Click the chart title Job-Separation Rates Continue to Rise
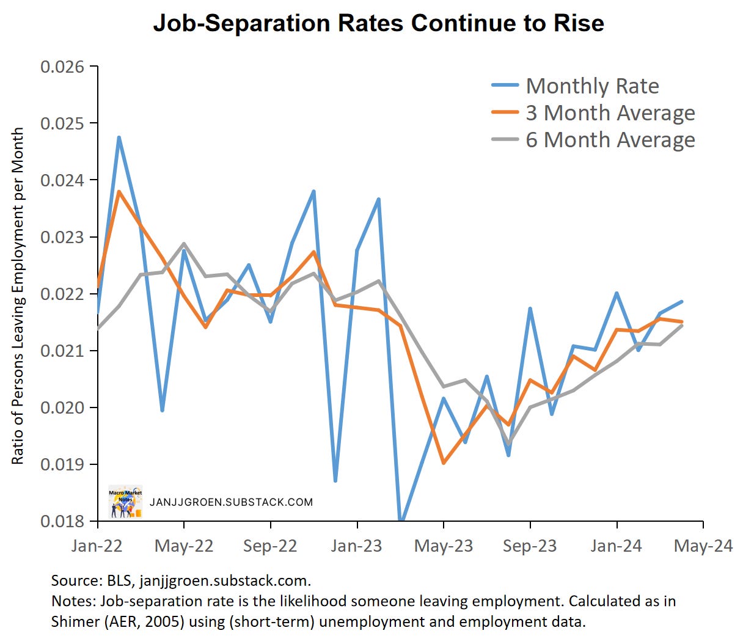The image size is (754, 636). [x=378, y=23]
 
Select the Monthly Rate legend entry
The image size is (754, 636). [x=591, y=86]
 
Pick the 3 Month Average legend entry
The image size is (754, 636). [x=609, y=113]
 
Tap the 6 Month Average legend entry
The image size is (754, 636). [x=609, y=140]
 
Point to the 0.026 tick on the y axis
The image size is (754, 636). [x=62, y=67]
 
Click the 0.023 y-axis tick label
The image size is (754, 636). [x=62, y=237]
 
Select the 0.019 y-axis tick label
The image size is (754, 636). [x=62, y=464]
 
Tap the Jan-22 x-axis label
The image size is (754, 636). [x=97, y=546]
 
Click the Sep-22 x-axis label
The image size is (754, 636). [x=270, y=546]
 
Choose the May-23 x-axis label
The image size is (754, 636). [x=444, y=546]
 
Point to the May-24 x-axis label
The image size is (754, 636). [x=703, y=546]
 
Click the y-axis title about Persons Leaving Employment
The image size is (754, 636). [x=18, y=296]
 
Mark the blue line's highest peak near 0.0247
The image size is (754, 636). [x=119, y=137]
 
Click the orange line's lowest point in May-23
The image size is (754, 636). [x=443, y=463]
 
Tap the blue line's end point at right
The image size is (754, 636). [x=682, y=301]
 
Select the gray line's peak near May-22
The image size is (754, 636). [x=184, y=244]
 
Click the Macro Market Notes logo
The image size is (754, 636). [x=125, y=502]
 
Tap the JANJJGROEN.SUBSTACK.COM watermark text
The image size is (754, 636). [x=231, y=502]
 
